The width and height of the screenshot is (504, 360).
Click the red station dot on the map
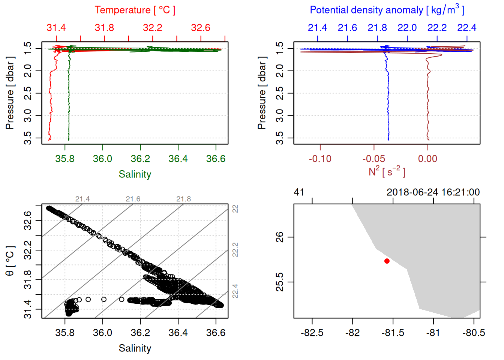[x=387, y=261]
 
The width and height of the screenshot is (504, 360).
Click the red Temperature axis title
[x=135, y=10]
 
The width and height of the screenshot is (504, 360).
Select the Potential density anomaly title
[x=387, y=10]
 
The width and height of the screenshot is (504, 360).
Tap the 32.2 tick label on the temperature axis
[x=153, y=28]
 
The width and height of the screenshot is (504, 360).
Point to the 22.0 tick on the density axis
[x=407, y=28]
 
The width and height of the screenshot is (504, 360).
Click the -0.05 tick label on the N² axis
[x=374, y=159]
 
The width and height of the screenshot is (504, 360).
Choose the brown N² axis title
[x=387, y=172]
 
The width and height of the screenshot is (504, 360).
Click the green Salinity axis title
[x=135, y=174]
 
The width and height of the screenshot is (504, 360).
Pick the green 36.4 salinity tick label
[x=178, y=159]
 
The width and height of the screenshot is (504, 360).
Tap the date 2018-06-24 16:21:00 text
[x=433, y=192]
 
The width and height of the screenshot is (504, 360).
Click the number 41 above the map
[x=299, y=192]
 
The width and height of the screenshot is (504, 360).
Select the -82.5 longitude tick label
[x=312, y=333]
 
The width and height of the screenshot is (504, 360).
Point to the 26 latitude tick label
[x=280, y=237]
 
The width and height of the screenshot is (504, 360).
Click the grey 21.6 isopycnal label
[x=133, y=199]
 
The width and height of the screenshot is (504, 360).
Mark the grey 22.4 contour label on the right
[x=235, y=291]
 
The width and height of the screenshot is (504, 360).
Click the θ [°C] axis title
[x=10, y=261]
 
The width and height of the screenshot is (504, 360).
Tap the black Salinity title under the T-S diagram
[x=135, y=348]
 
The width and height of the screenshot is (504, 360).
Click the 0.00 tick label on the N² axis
[x=427, y=159]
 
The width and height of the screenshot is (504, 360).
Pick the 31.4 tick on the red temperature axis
[x=56, y=28]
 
